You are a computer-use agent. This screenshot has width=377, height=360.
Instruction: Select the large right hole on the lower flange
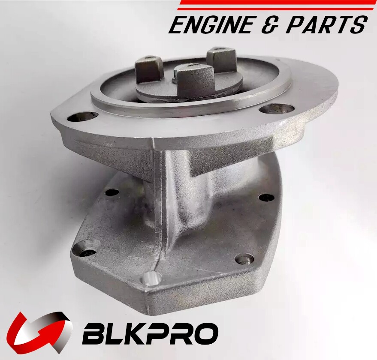[x=244, y=258]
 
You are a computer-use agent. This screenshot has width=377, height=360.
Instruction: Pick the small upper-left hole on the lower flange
[x=112, y=192]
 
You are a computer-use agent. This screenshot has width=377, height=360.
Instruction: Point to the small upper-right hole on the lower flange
[x=266, y=198]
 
